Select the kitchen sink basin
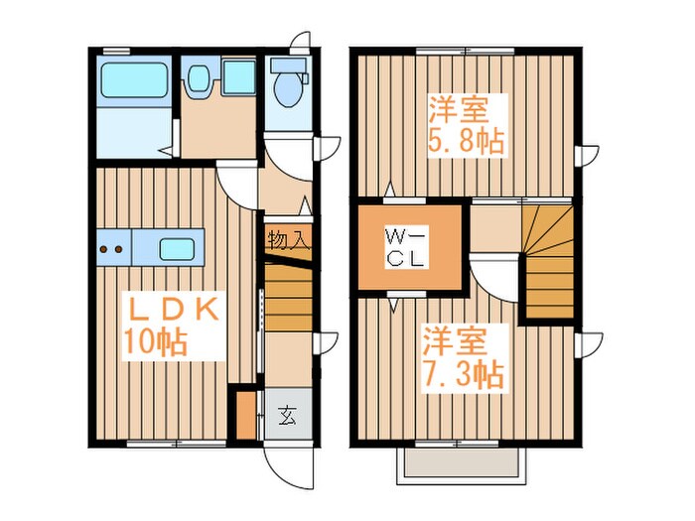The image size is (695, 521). pos(179,247)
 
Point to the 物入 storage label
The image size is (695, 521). pos(289,239)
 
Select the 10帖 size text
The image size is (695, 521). pos(156,342)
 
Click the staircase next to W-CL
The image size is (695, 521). pos(549,259)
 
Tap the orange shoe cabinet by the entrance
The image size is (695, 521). pos(246,417)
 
